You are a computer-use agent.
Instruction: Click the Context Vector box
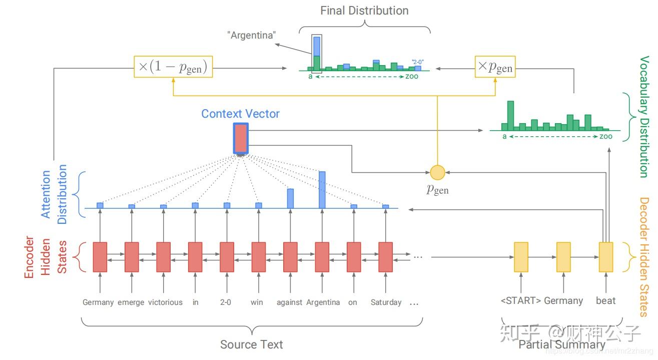240,139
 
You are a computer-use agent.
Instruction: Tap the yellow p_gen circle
437,173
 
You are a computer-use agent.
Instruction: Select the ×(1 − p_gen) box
173,67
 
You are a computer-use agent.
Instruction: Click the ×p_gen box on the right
495,67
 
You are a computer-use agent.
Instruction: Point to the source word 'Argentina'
323,302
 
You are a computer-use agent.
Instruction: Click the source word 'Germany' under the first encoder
98,302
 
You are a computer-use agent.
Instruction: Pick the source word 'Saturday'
386,302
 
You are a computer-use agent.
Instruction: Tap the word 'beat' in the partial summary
605,301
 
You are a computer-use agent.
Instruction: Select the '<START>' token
520,301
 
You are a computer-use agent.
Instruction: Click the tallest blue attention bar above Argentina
322,190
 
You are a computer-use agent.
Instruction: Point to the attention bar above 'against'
290,198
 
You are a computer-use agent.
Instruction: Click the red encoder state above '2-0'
227,257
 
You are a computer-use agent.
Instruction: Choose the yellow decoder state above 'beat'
606,257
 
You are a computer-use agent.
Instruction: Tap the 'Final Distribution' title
364,11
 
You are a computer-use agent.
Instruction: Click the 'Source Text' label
251,344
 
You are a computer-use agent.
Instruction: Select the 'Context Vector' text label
240,114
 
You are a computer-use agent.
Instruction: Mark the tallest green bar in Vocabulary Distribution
510,116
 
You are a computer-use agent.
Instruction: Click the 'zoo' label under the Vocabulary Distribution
605,136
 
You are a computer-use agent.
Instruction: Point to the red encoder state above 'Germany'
100,257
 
